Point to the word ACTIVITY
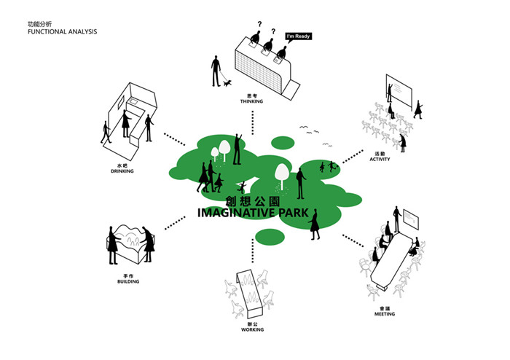pyautogui.click(x=380, y=158)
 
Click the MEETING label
pyautogui.click(x=384, y=314)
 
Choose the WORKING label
pyautogui.click(x=251, y=329)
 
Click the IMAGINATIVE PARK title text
pyautogui.click(x=259, y=213)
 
